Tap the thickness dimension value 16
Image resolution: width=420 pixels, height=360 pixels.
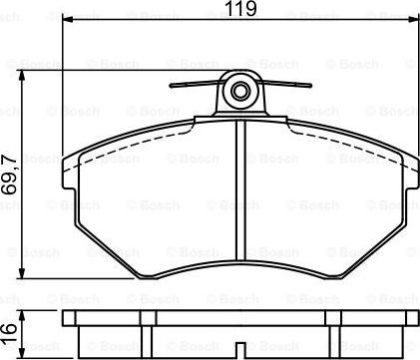(x=10, y=329)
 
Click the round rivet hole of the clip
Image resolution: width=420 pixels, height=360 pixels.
(x=240, y=94)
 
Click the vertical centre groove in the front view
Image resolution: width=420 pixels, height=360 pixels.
(x=240, y=189)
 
